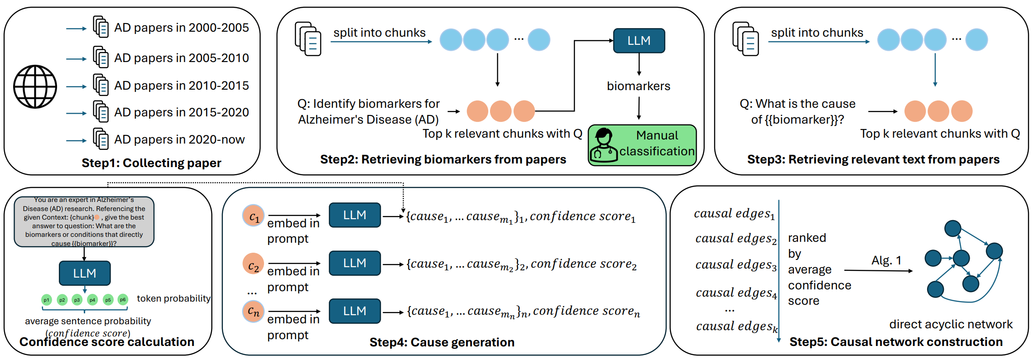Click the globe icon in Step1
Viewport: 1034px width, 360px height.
[35, 86]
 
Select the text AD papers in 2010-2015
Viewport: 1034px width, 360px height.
[181, 86]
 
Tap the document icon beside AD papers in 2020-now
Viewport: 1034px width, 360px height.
[101, 139]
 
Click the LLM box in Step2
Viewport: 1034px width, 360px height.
[639, 41]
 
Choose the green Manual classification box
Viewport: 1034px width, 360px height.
[642, 144]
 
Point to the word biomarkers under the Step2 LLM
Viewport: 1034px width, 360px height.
[638, 86]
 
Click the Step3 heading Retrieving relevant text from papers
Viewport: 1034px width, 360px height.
[873, 159]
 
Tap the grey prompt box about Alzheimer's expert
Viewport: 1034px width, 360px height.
[84, 222]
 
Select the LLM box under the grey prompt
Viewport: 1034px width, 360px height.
[85, 273]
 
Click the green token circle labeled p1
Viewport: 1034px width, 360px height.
[46, 300]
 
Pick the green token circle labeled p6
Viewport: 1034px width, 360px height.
[123, 300]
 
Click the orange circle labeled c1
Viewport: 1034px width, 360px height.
[254, 216]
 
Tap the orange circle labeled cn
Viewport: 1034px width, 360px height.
[254, 312]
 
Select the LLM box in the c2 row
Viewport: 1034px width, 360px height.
[355, 263]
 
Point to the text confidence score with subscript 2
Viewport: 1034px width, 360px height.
[583, 264]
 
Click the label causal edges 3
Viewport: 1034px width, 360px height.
[736, 265]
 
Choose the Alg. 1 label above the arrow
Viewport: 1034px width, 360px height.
[886, 260]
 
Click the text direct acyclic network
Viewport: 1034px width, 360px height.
[951, 324]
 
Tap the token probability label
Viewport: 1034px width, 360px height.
[173, 298]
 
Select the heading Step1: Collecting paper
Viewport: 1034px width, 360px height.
[151, 163]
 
